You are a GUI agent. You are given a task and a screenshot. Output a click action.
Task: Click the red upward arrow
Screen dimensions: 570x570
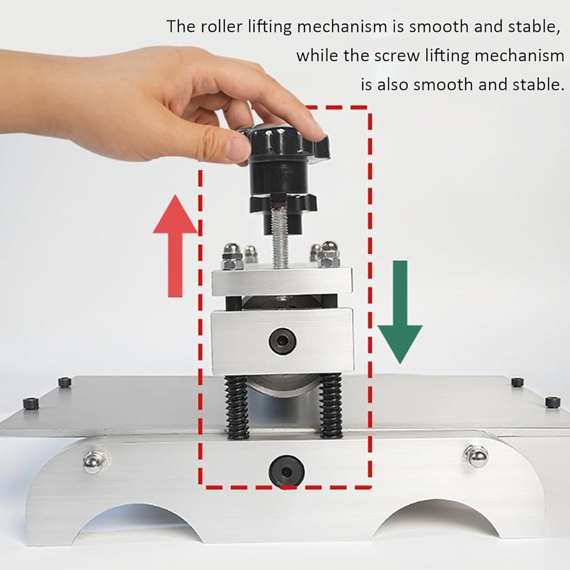coord(175,246)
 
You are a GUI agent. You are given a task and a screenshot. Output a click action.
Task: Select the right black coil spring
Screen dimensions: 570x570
coord(331,406)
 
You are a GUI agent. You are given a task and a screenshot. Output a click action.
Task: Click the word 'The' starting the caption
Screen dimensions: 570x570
coord(181,27)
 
